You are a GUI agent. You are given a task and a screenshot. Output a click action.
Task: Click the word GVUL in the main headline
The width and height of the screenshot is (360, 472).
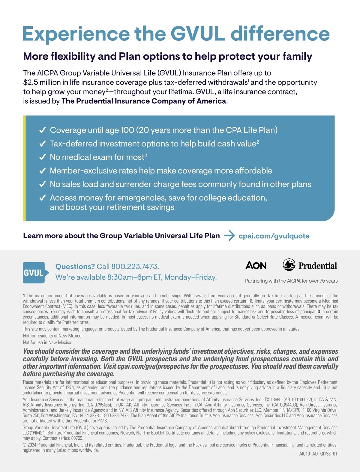[x=198, y=34]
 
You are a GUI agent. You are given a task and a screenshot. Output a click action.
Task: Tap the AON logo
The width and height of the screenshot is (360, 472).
[x=256, y=265]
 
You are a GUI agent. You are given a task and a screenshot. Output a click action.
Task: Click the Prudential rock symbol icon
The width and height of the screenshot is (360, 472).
[x=289, y=265]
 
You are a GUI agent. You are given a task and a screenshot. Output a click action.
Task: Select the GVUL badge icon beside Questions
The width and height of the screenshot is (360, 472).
[x=34, y=272]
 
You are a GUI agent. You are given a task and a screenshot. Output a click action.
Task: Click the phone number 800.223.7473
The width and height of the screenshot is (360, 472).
[x=135, y=266]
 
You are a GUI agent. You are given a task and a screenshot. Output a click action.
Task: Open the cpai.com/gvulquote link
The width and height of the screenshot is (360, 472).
[x=274, y=236]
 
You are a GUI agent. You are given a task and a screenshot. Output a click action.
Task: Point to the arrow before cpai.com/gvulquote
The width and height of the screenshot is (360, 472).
[x=229, y=236]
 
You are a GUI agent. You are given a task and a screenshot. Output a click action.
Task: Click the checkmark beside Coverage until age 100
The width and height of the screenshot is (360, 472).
[x=43, y=130]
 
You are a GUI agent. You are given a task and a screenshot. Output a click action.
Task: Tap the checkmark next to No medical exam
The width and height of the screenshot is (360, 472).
[x=43, y=157]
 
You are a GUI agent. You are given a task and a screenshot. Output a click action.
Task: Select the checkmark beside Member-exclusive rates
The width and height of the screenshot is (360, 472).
[x=43, y=171]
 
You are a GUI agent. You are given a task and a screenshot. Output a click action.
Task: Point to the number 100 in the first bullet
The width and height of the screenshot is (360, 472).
[x=127, y=130]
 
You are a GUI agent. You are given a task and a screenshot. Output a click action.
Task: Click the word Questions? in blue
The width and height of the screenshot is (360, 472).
[x=75, y=266]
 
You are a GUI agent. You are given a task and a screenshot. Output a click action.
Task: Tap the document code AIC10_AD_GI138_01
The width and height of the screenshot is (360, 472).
[x=318, y=454]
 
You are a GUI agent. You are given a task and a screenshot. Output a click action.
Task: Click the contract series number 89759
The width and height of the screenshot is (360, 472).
[x=77, y=438]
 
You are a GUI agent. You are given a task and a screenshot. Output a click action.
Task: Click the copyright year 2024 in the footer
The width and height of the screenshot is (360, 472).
[x=32, y=445]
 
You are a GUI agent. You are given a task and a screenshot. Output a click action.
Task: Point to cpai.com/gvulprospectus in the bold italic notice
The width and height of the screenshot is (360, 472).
[x=153, y=366]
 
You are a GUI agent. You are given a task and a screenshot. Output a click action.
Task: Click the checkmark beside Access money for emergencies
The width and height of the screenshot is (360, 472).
[x=43, y=198]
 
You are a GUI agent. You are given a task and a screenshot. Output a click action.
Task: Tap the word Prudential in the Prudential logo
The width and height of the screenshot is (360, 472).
[x=317, y=266]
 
